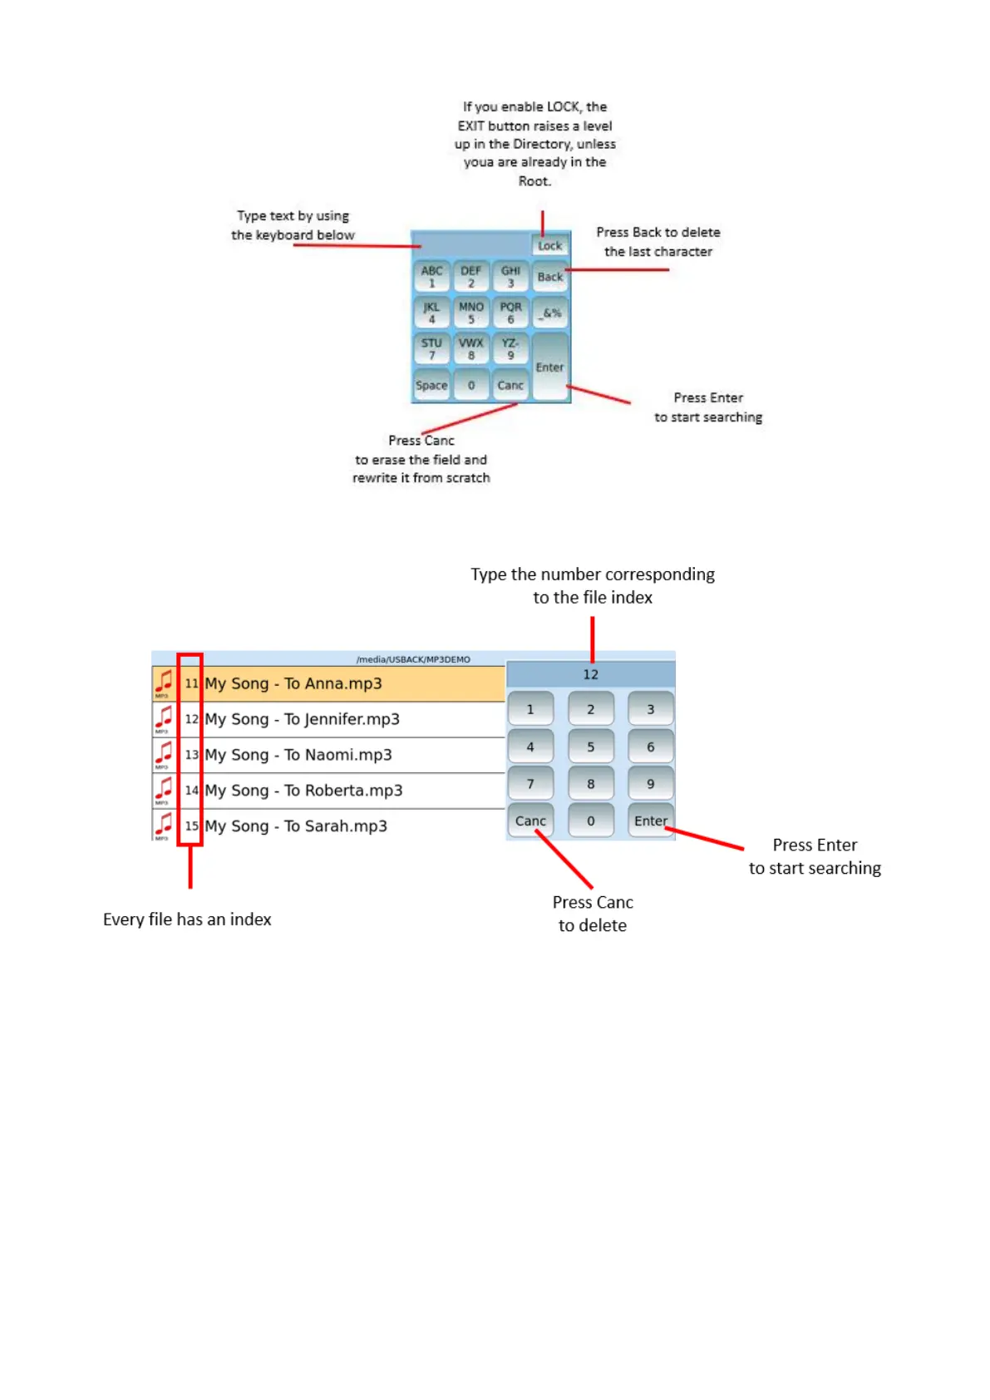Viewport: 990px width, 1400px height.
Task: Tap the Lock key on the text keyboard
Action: point(549,245)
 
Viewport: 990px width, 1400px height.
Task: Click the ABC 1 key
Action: point(431,277)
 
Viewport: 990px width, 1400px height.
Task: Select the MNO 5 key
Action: point(471,313)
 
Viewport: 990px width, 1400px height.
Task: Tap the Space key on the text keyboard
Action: point(431,386)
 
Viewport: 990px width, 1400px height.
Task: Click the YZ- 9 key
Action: point(510,349)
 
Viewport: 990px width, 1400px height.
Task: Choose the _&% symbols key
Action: point(550,313)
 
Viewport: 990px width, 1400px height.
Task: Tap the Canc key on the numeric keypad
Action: point(530,821)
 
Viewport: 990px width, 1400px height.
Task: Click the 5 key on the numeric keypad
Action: point(591,747)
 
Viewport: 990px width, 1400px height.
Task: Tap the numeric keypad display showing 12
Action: point(590,674)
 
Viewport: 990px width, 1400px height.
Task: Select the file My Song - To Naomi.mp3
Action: point(298,755)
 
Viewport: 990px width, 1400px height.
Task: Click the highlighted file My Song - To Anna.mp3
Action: point(293,683)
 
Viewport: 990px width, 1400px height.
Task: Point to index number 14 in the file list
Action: point(192,791)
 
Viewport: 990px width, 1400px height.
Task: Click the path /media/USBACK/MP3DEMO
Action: point(413,659)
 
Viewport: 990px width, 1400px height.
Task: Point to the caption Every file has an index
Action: point(187,919)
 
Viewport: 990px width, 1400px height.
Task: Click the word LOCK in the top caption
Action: point(563,106)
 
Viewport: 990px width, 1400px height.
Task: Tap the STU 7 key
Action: point(431,349)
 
